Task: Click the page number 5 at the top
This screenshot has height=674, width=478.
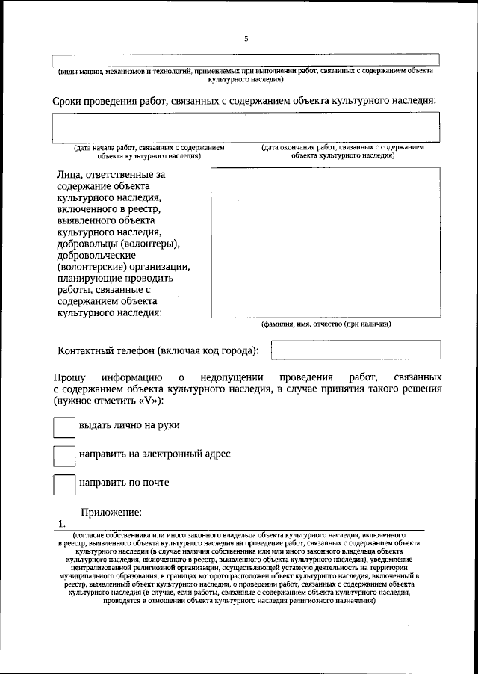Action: coord(245,40)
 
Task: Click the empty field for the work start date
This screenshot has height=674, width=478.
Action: coord(149,127)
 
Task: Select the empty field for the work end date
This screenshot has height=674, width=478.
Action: coord(343,127)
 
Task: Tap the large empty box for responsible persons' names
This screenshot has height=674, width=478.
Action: coord(325,242)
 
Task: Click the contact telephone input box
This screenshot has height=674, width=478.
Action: coord(356,350)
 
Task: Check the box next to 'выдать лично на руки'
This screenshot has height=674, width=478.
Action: coord(64,426)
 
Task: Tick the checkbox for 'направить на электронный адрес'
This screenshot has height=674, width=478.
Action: coord(64,454)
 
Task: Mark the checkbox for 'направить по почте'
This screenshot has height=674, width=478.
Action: coord(64,483)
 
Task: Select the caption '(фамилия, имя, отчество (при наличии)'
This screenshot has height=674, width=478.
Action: coord(326,324)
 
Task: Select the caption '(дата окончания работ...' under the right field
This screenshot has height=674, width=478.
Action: coord(343,152)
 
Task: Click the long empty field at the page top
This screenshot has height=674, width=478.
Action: coord(245,60)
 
